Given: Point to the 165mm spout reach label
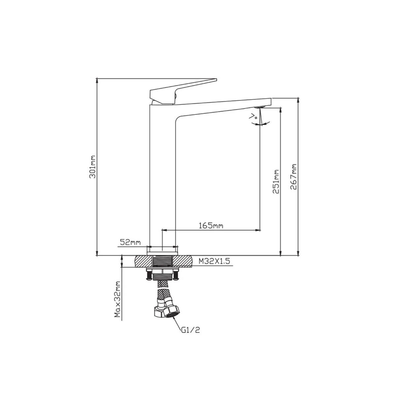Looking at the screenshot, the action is click(211, 226).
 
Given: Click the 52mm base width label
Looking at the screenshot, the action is click(130, 243).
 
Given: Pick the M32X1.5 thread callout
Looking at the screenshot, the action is click(214, 261).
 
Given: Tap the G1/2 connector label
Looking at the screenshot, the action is click(190, 337).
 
